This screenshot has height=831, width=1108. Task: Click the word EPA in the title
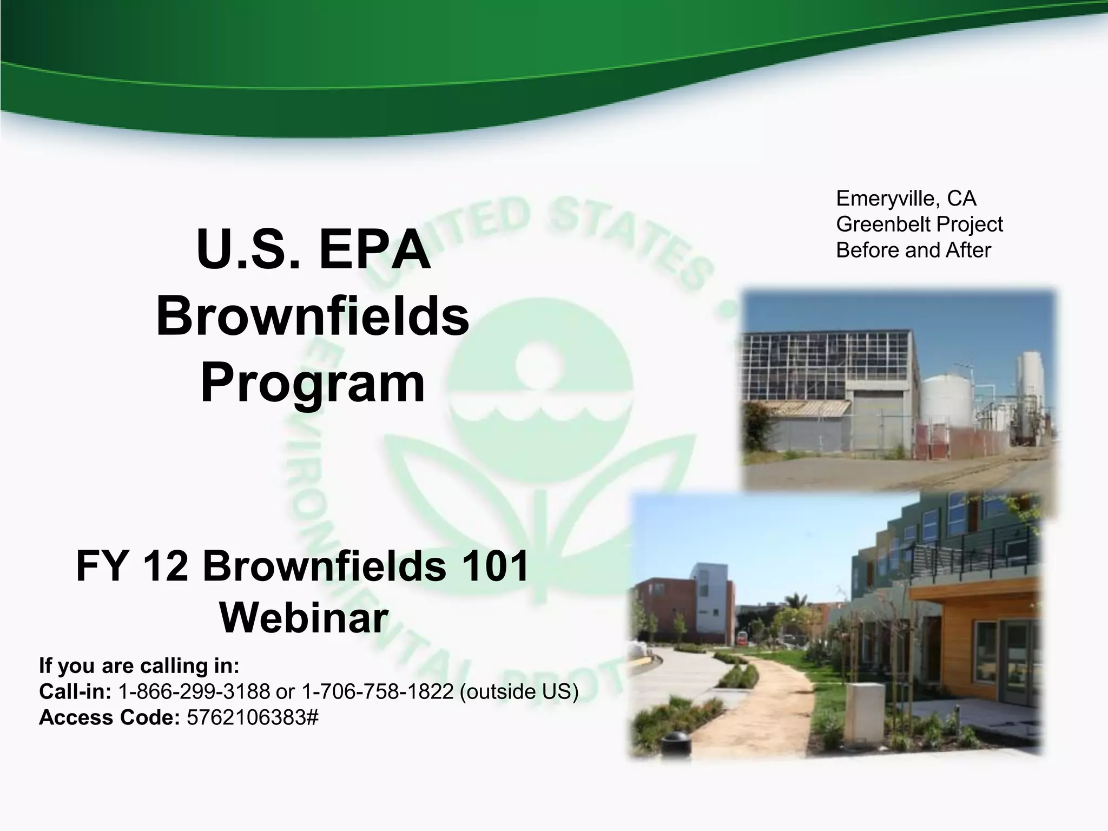(x=374, y=250)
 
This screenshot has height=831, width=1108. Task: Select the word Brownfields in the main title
(x=312, y=316)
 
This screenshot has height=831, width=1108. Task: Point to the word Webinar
(x=304, y=618)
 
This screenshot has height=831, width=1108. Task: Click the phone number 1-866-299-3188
(x=194, y=691)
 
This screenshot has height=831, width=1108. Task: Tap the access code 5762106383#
(x=252, y=717)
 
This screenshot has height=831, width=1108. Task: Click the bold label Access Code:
(x=109, y=717)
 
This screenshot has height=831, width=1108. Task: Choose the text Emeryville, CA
(x=906, y=199)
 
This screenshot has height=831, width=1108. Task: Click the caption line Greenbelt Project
(x=919, y=224)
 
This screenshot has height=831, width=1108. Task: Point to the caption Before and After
(x=913, y=250)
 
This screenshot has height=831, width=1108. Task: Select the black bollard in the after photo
(x=676, y=742)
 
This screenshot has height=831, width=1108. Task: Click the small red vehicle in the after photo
(x=742, y=637)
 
